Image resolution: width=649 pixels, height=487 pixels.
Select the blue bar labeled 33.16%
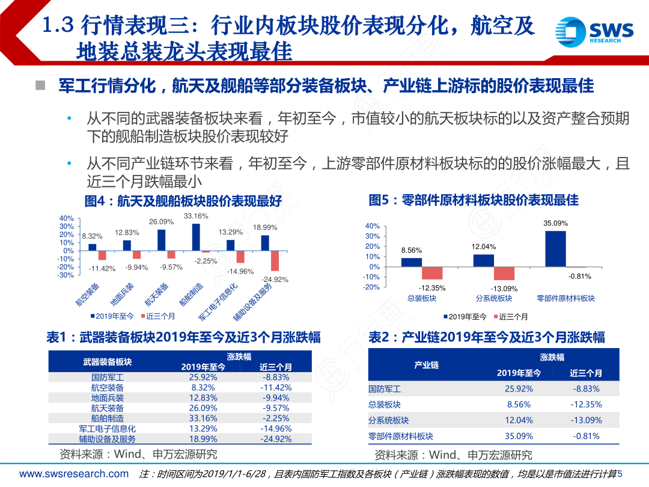tap(196, 237)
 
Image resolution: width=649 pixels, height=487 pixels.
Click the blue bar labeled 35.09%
tap(555, 248)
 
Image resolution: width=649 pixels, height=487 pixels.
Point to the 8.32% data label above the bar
tap(92, 236)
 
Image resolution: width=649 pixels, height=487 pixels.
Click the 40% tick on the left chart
tap(66, 218)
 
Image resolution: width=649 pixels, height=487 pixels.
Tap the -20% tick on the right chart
tap(372, 287)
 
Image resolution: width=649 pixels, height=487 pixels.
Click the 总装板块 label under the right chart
tap(421, 298)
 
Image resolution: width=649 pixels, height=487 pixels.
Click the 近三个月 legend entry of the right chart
tap(510, 317)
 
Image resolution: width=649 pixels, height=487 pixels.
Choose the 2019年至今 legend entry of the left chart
tap(114, 316)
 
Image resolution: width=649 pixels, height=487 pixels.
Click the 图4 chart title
tap(183, 201)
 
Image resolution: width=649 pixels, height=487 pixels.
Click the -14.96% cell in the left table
tap(276, 429)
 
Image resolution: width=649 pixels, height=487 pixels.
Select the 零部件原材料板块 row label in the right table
tap(401, 436)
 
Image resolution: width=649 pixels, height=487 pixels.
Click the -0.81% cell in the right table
tap(586, 436)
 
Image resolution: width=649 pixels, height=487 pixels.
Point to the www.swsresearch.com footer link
tap(74, 474)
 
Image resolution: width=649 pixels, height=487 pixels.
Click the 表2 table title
tap(486, 337)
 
